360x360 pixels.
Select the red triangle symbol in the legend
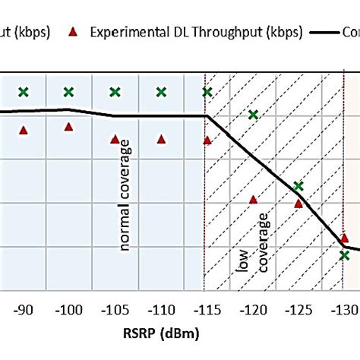click(72, 32)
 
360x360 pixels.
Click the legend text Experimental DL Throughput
click(195, 32)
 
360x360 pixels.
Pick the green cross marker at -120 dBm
click(253, 115)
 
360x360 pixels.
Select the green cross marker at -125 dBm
click(298, 186)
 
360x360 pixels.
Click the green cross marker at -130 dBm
click(345, 255)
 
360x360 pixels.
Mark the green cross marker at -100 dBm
click(69, 92)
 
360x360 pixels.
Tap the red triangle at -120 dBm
click(253, 200)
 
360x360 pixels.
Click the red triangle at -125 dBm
click(298, 203)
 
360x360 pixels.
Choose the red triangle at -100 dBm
click(69, 127)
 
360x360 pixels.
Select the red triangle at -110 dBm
click(161, 139)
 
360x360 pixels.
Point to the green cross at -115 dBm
click(207, 92)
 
